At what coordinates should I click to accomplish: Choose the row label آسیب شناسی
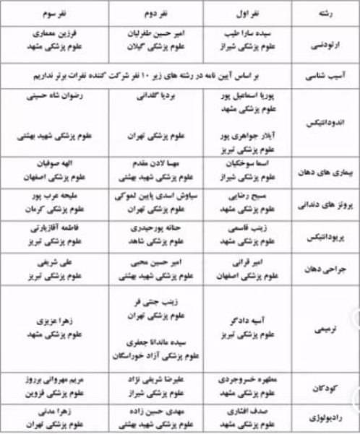pos(322,75)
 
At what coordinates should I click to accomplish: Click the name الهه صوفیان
pos(54,165)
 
